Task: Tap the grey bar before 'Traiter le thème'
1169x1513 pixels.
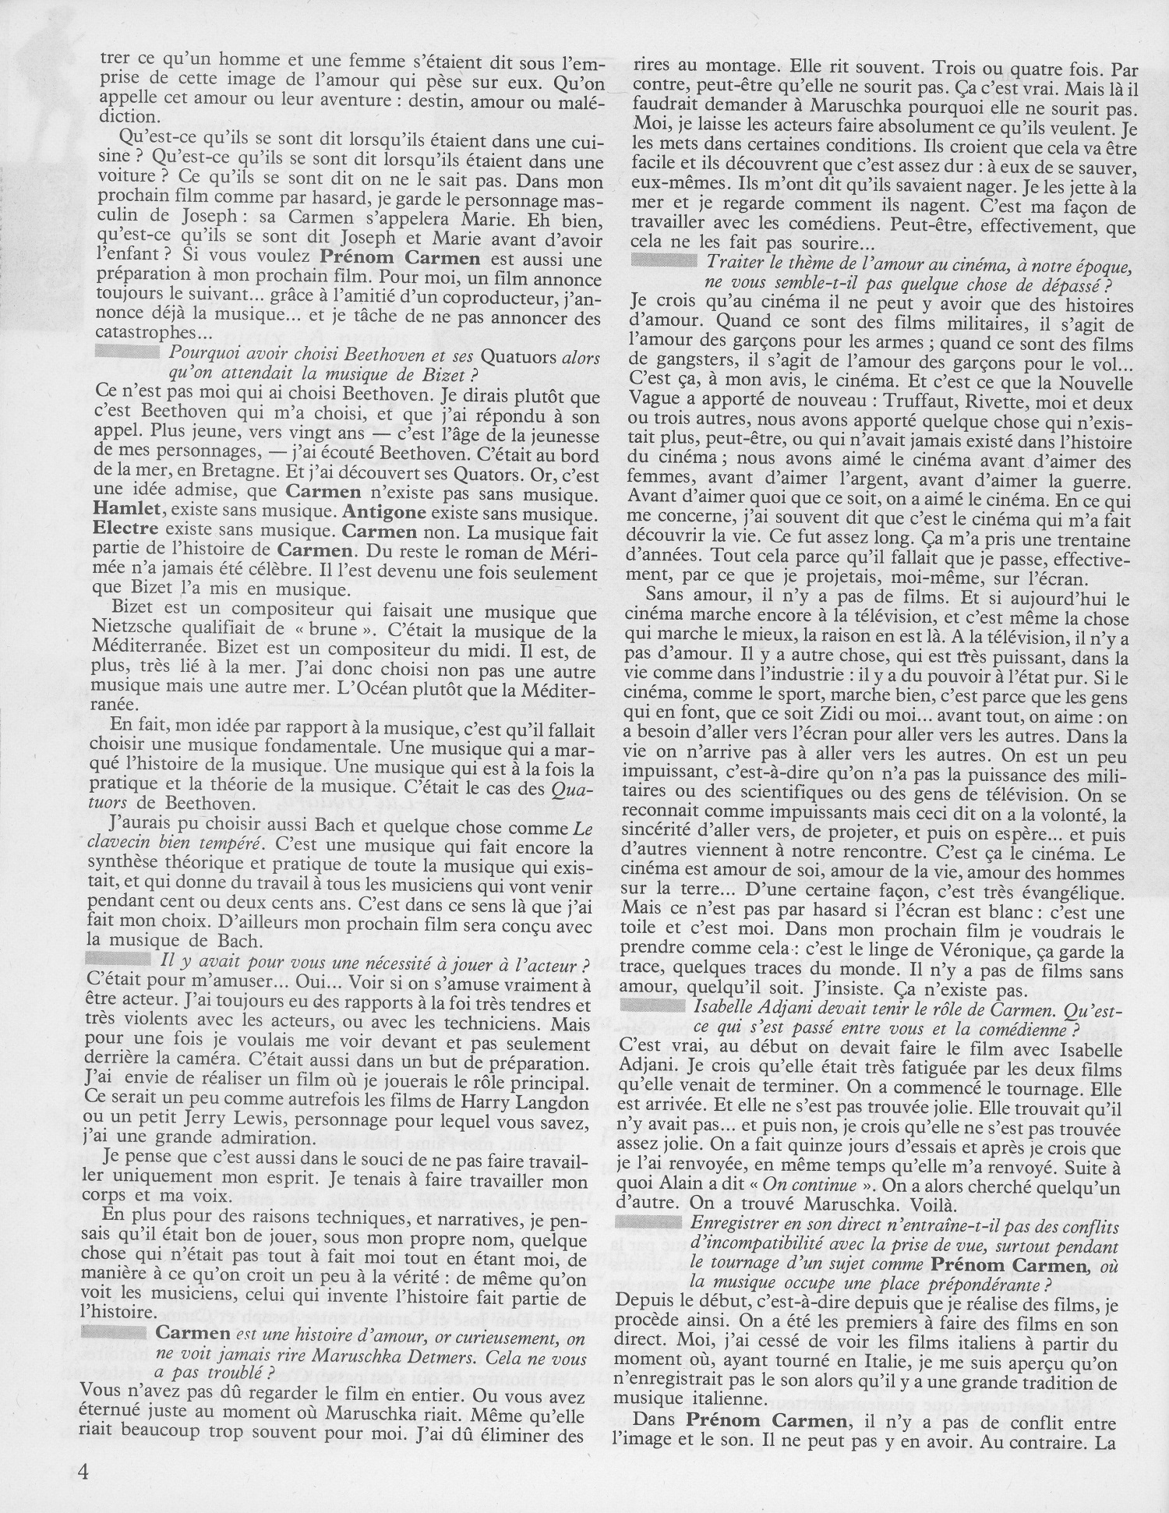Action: (662, 262)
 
